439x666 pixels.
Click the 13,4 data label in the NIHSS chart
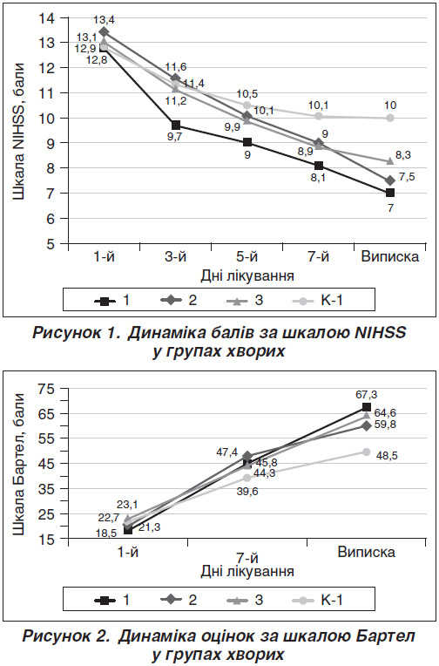pos(105,19)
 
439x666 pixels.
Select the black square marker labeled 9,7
pos(176,125)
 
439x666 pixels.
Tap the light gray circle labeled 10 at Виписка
pos(389,118)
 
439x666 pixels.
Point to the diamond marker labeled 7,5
pos(389,180)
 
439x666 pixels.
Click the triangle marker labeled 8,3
pos(389,161)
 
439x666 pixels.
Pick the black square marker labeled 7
pos(389,193)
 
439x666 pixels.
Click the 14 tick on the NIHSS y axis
pos(46,17)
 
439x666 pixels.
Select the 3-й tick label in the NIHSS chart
pos(175,257)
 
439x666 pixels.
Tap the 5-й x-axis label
pos(247,257)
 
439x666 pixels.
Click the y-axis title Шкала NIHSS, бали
pos(18,132)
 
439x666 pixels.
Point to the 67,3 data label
pos(367,395)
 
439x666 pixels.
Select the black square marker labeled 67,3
pos(367,407)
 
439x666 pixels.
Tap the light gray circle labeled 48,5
pos(367,452)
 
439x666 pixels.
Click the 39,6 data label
pos(247,492)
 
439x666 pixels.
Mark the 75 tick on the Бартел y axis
pos(46,388)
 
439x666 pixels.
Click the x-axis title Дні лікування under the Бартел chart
pos(247,571)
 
